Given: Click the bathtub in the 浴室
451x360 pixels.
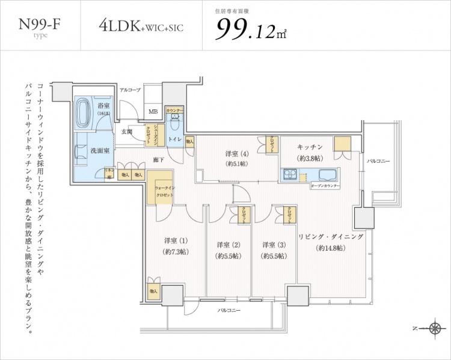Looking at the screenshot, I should click(x=84, y=112).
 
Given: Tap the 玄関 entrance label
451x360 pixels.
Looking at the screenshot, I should click(x=127, y=131).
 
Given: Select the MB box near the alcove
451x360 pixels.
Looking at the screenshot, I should click(x=153, y=111).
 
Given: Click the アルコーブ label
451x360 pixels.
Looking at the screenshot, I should click(x=129, y=90).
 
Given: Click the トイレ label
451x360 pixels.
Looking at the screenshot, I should click(x=175, y=139).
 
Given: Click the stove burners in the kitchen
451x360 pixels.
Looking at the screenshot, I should click(x=288, y=175).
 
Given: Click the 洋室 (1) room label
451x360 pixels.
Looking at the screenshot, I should click(x=171, y=242).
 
